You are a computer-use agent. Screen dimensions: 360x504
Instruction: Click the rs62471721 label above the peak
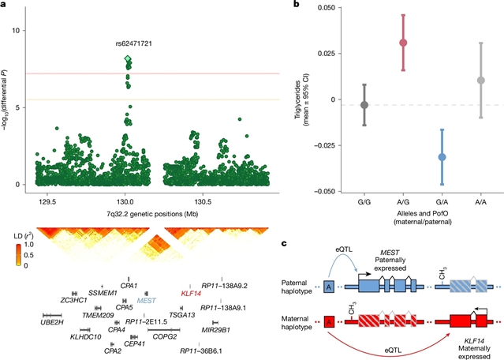129,43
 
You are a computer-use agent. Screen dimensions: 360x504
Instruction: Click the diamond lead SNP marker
129,59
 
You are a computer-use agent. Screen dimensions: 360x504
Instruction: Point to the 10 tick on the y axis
24,30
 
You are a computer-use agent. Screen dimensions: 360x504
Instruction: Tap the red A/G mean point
403,43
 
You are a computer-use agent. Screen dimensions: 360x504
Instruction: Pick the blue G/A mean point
442,157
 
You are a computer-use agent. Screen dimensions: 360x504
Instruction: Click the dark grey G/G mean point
364,105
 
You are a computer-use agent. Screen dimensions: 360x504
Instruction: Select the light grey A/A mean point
480,81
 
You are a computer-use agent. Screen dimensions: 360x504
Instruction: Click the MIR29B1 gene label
215,328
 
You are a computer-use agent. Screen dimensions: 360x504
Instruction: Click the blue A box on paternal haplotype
328,287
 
